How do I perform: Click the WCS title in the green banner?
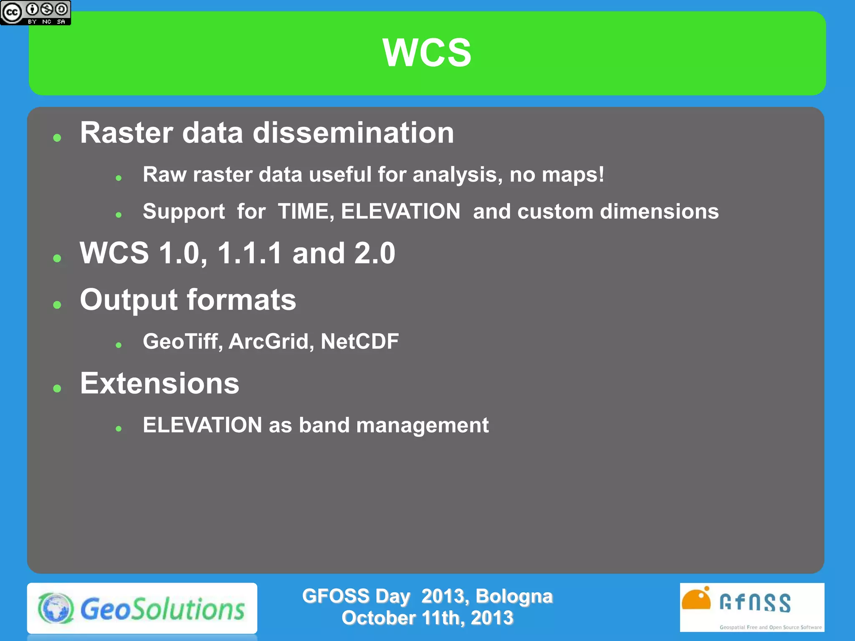click(427, 53)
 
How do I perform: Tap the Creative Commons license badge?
click(35, 13)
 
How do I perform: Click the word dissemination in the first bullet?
click(353, 133)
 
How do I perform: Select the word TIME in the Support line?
click(306, 211)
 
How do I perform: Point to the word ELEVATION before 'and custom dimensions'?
click(400, 211)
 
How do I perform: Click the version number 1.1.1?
click(250, 253)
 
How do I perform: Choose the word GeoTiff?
click(182, 341)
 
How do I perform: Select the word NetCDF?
click(359, 341)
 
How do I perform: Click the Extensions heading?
click(159, 384)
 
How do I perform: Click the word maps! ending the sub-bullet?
click(573, 174)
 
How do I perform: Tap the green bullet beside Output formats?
click(57, 305)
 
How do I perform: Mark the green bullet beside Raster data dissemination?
click(57, 138)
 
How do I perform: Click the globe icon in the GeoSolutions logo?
click(56, 608)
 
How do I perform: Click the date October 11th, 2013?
click(427, 618)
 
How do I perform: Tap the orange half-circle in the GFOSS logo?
click(696, 601)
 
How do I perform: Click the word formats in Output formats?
click(241, 300)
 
